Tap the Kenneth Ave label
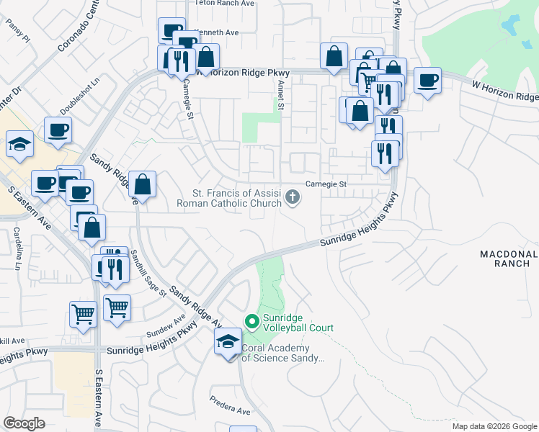[216, 32]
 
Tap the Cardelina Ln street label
[17, 248]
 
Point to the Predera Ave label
[229, 406]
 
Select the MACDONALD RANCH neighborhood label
[509, 258]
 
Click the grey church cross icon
[293, 196]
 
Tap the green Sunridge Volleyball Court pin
[252, 321]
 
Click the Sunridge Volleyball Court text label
[297, 323]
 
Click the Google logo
[24, 423]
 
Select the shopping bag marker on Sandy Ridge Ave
[143, 185]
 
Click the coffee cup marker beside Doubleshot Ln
[58, 131]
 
